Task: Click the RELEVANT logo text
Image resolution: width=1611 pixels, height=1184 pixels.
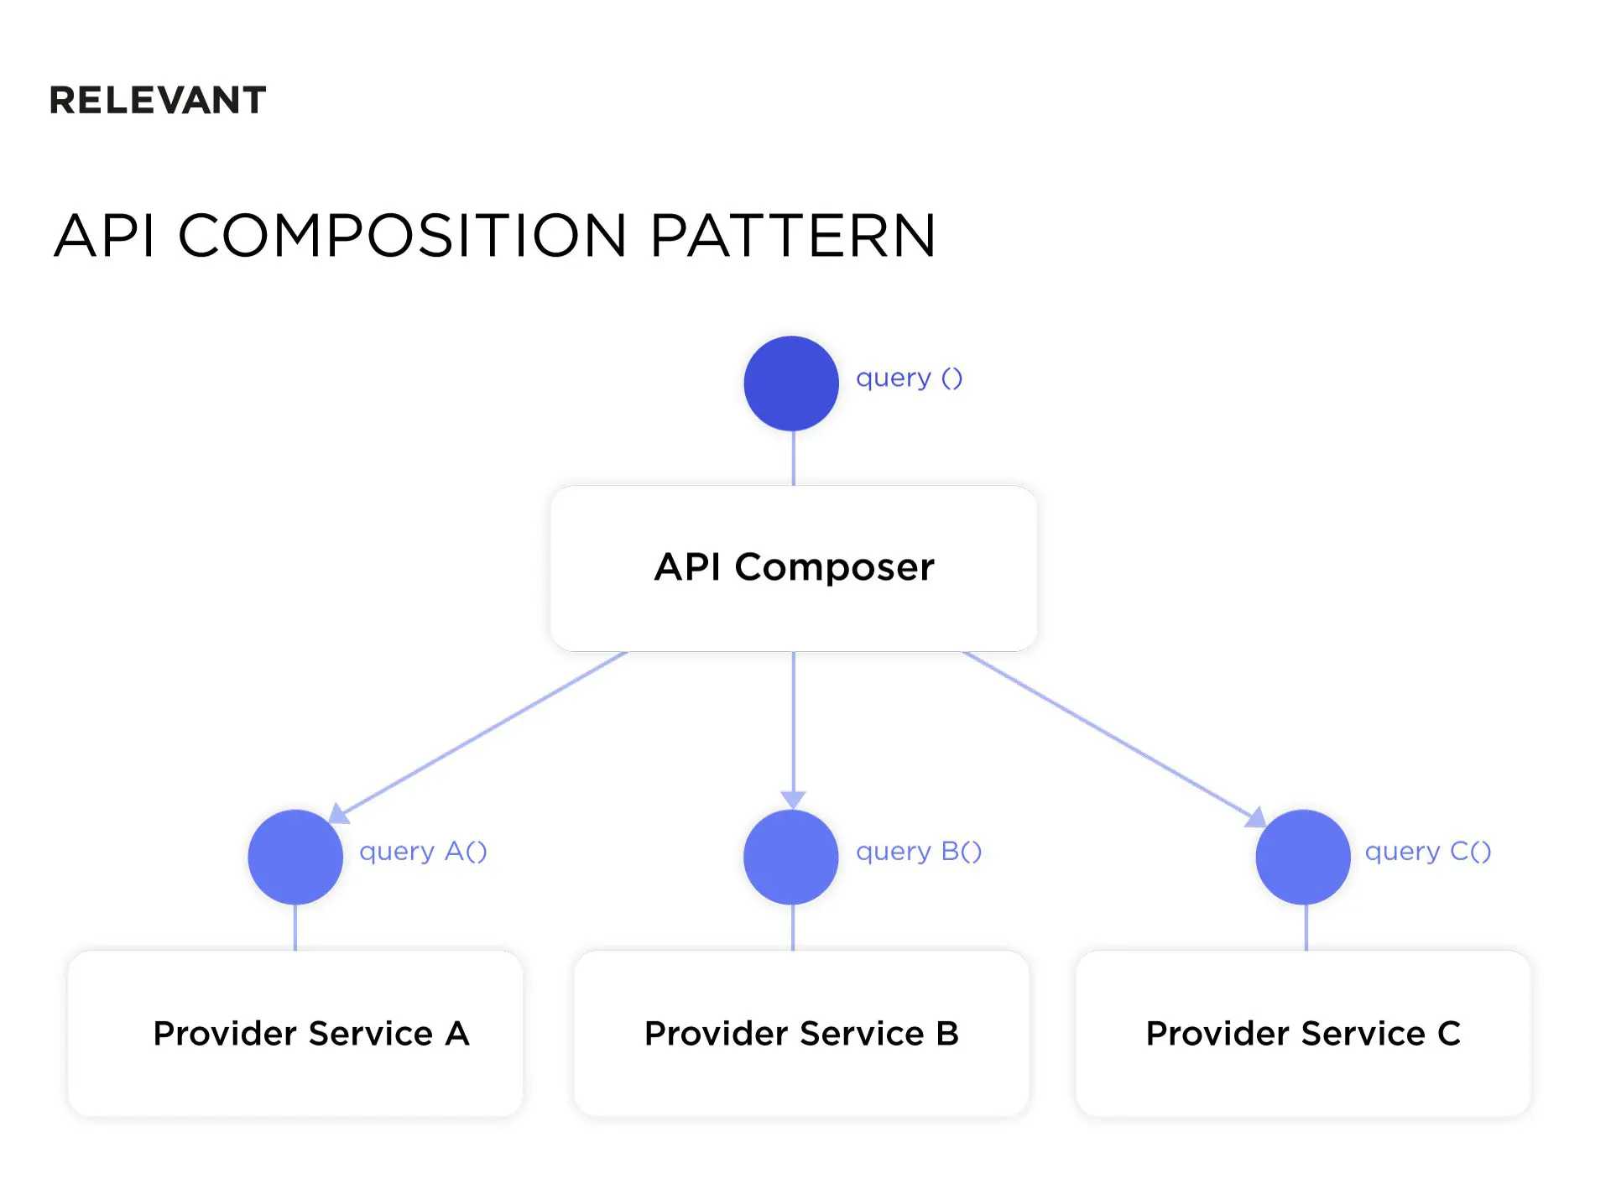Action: pyautogui.click(x=158, y=101)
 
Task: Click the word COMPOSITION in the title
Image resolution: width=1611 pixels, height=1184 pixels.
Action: pyautogui.click(x=403, y=236)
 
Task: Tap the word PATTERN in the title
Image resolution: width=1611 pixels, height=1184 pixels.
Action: pyautogui.click(x=792, y=236)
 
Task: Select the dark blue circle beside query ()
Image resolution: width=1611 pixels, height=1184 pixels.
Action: pyautogui.click(x=791, y=383)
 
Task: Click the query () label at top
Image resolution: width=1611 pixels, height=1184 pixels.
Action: pyautogui.click(x=909, y=378)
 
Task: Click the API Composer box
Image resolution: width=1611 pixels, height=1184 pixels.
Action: pyautogui.click(x=794, y=568)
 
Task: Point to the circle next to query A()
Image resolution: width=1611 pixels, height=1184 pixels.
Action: pyautogui.click(x=295, y=857)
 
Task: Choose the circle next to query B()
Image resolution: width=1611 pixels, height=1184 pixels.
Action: pyautogui.click(x=791, y=857)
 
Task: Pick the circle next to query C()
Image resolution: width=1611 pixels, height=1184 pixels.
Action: pyautogui.click(x=1303, y=857)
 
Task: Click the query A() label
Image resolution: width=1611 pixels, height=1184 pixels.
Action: pyautogui.click(x=423, y=852)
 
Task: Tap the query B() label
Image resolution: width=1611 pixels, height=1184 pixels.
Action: pyautogui.click(x=919, y=852)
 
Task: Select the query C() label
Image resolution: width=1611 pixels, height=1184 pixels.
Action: pyautogui.click(x=1428, y=852)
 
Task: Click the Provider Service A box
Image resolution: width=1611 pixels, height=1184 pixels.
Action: pyautogui.click(x=295, y=1033)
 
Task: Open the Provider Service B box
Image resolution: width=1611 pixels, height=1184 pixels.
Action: pyautogui.click(x=801, y=1033)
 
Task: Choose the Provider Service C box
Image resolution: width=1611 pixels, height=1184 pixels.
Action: pyautogui.click(x=1303, y=1033)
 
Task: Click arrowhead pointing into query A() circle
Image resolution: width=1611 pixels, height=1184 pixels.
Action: pyautogui.click(x=337, y=813)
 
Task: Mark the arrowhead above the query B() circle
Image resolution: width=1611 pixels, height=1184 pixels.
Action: pyautogui.click(x=793, y=799)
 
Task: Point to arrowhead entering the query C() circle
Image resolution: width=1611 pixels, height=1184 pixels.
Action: pyautogui.click(x=1256, y=816)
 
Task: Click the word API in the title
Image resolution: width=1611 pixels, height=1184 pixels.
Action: pyautogui.click(x=105, y=236)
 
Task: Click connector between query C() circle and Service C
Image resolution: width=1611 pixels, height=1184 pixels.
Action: pyautogui.click(x=1306, y=927)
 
